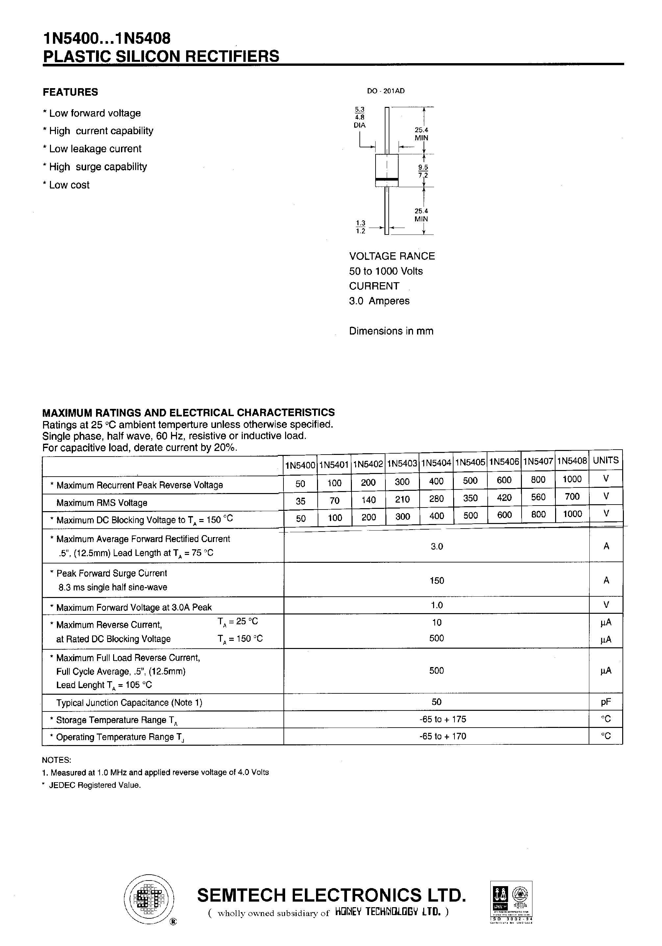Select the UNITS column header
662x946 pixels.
pos(605,460)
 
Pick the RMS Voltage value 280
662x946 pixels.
pos(436,499)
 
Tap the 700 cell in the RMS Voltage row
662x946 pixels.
pos(572,496)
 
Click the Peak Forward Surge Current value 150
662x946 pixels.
pos(437,581)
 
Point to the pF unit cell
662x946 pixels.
pos(605,702)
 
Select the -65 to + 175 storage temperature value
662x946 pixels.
pos(443,719)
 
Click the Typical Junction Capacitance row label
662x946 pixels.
pos(129,703)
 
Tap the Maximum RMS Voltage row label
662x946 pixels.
pos(102,503)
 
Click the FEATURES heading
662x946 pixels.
pos(70,92)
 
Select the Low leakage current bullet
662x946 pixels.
pos(92,149)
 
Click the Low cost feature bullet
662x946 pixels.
pos(66,185)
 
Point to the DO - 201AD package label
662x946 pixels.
pos(385,91)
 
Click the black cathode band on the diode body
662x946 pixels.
pos(386,179)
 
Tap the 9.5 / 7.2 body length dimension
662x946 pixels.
pos(423,171)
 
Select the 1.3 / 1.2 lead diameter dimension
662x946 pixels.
pos(360,227)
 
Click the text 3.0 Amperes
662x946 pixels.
pos(379,301)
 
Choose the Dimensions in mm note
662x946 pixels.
pos(391,331)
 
